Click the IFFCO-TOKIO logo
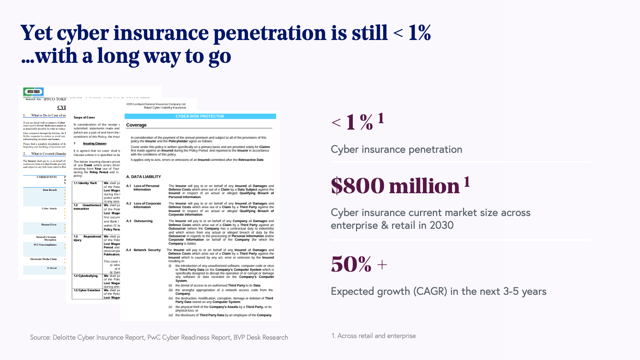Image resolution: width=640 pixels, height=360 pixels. pyautogui.click(x=33, y=92)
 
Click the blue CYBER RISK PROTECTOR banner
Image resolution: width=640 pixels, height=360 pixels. pyautogui.click(x=200, y=116)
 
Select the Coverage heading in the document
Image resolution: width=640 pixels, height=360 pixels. pyautogui.click(x=136, y=125)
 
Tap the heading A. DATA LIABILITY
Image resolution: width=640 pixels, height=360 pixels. pyautogui.click(x=144, y=177)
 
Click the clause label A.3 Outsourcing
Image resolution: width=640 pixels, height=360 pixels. pyautogui.click(x=140, y=221)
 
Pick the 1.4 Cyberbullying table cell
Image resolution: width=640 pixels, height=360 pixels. pyautogui.click(x=86, y=276)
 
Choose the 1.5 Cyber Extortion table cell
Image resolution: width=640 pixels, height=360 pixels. pyautogui.click(x=87, y=290)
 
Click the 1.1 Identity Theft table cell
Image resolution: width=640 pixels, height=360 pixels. pyautogui.click(x=85, y=183)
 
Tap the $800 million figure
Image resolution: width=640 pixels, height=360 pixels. pyautogui.click(x=396, y=186)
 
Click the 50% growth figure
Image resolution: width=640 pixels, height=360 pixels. pyautogui.click(x=352, y=264)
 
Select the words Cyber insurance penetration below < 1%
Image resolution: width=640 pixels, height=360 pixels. pyautogui.click(x=396, y=150)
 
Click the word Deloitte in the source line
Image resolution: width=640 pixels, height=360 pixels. pyautogui.click(x=64, y=338)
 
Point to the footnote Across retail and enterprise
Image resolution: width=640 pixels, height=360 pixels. pyautogui.click(x=376, y=336)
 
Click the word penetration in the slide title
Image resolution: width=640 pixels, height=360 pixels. pyautogui.click(x=270, y=33)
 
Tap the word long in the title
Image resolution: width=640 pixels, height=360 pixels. pyautogui.click(x=118, y=56)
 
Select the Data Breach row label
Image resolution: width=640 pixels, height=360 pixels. pyautogui.click(x=50, y=190)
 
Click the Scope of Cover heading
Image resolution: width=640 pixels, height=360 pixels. pyautogui.click(x=84, y=118)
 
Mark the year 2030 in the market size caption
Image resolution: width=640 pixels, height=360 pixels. pyautogui.click(x=442, y=225)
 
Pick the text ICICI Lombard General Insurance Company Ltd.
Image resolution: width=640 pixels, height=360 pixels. pyautogui.click(x=156, y=104)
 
